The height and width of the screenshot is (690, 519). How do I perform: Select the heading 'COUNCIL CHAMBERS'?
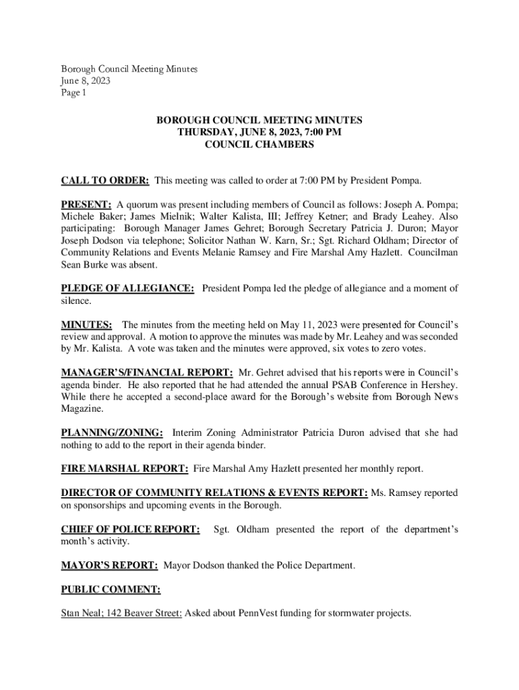259,144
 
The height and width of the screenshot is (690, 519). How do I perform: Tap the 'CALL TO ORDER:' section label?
105,181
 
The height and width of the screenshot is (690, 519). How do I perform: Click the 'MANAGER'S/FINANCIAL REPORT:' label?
147,372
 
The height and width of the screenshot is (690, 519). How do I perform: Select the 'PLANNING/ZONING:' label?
112,432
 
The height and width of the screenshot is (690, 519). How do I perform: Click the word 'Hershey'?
438,385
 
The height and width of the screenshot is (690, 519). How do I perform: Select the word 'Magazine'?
82,408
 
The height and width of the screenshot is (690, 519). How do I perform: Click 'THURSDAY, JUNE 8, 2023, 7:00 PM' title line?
259,132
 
